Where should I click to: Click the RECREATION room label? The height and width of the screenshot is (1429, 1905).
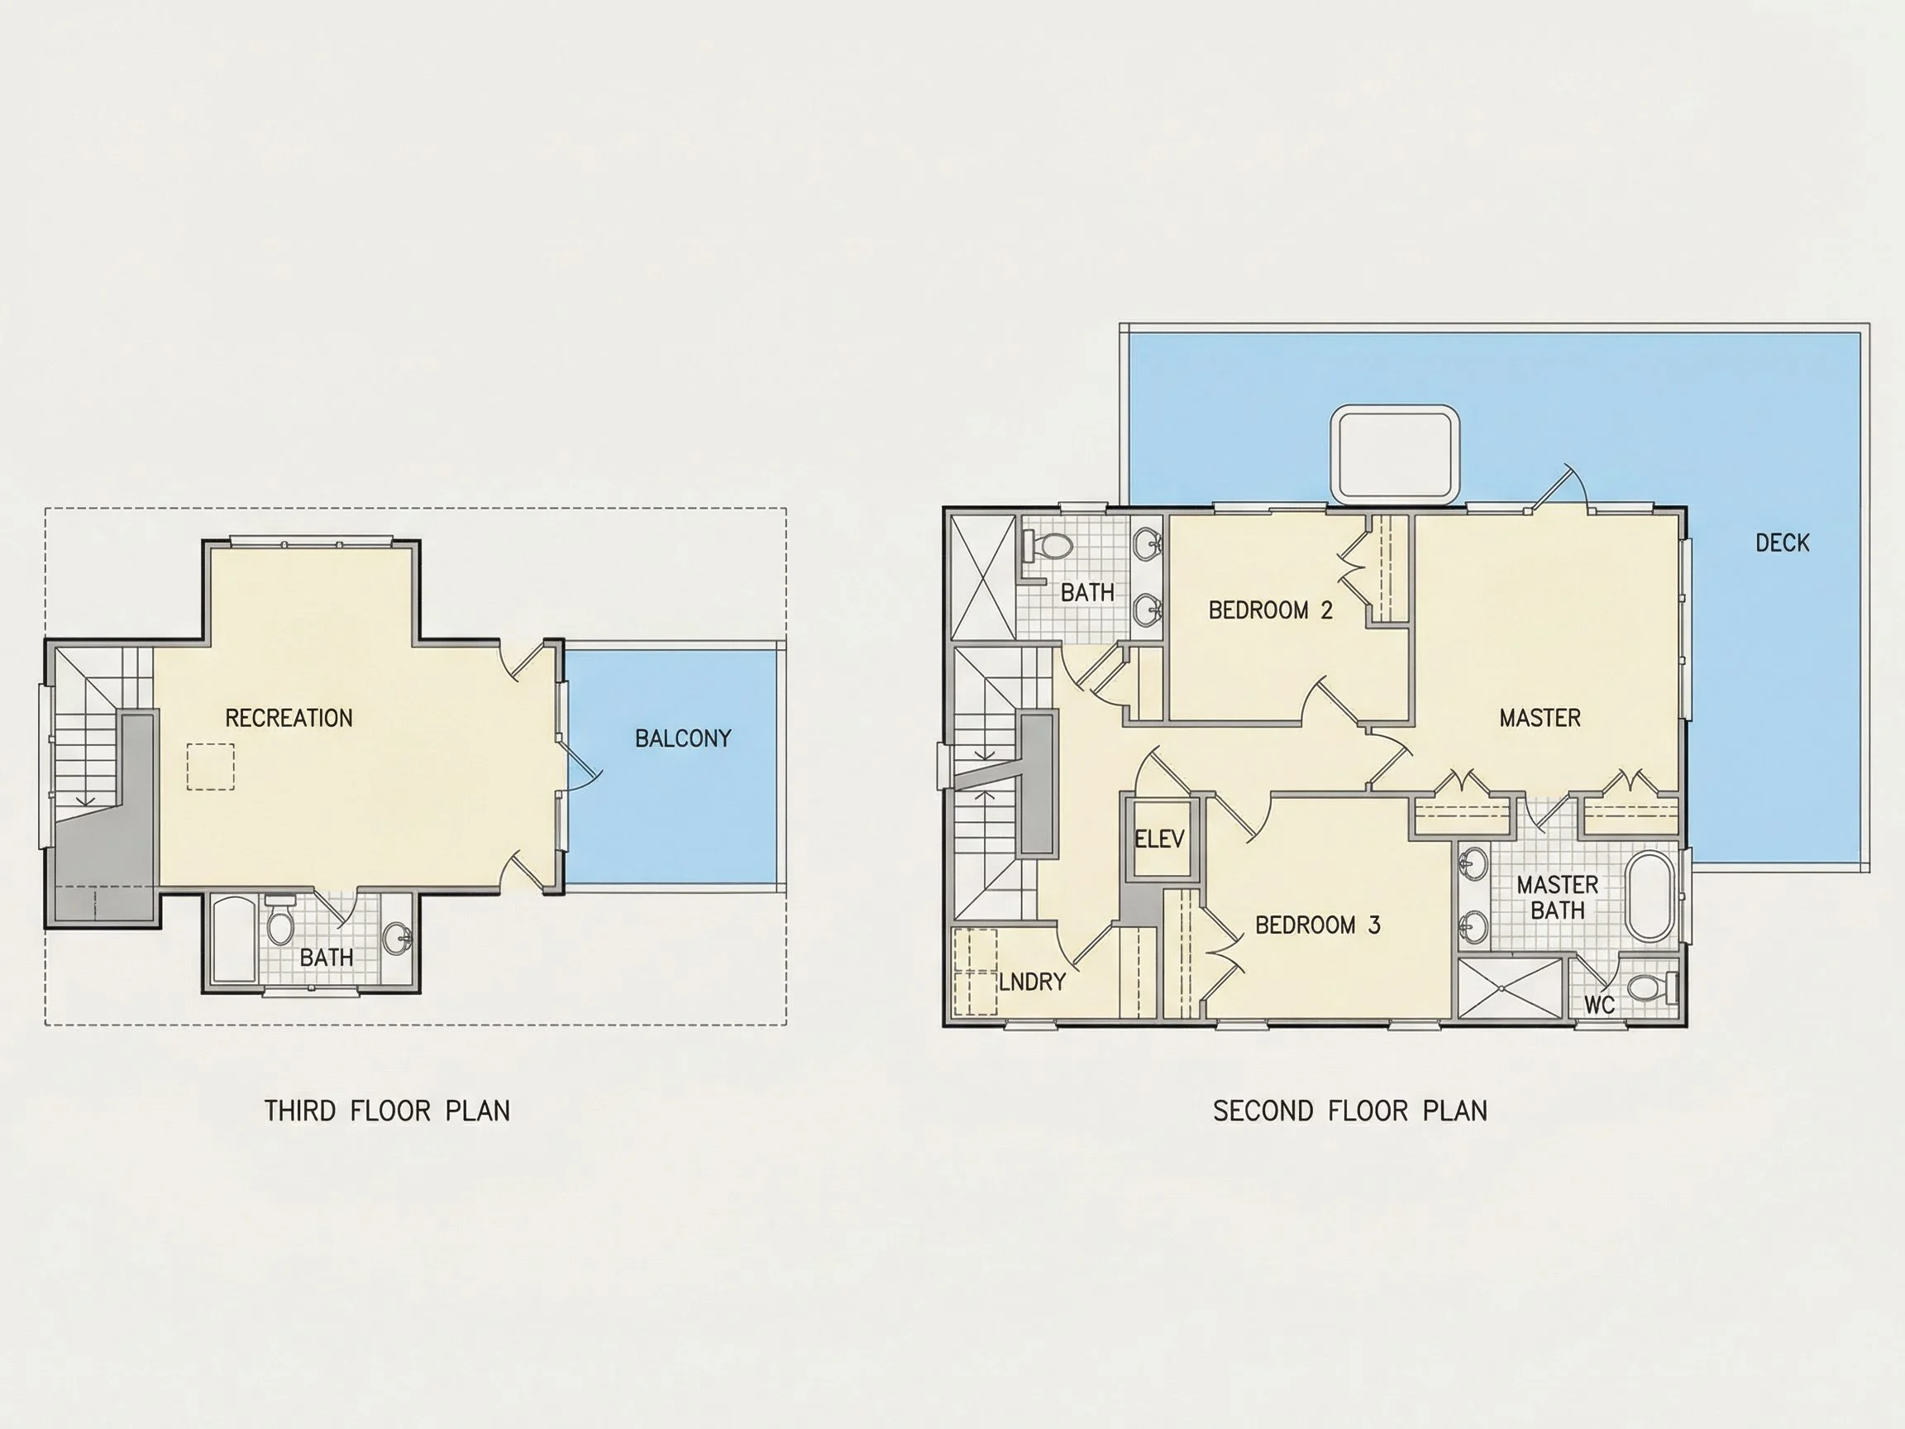pyautogui.click(x=289, y=718)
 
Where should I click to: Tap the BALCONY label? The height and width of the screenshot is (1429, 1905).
pyautogui.click(x=683, y=738)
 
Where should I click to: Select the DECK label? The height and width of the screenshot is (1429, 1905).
pyautogui.click(x=1782, y=542)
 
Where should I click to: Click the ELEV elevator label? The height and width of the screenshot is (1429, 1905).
pyautogui.click(x=1159, y=838)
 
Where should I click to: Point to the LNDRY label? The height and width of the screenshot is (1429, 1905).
pyautogui.click(x=1032, y=981)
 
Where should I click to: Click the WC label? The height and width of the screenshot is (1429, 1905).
pyautogui.click(x=1599, y=1004)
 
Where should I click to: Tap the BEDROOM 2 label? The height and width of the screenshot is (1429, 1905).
pyautogui.click(x=1270, y=609)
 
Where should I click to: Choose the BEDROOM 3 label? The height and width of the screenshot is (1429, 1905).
pyautogui.click(x=1318, y=925)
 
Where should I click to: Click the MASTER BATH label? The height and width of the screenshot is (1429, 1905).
pyautogui.click(x=1557, y=896)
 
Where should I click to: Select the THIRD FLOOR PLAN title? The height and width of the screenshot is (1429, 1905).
pyautogui.click(x=387, y=1111)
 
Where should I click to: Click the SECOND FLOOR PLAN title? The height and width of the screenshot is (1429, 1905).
pyautogui.click(x=1349, y=1111)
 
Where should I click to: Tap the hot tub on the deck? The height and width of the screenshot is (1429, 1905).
pyautogui.click(x=1395, y=454)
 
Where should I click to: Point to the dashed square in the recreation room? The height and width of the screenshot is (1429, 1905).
pyautogui.click(x=210, y=767)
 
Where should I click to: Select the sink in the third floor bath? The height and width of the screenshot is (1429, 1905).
pyautogui.click(x=397, y=938)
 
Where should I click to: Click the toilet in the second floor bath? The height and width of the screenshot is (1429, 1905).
pyautogui.click(x=1048, y=546)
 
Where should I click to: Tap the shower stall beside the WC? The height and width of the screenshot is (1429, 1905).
pyautogui.click(x=1510, y=988)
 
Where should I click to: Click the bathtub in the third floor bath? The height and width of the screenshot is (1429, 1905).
pyautogui.click(x=233, y=939)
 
